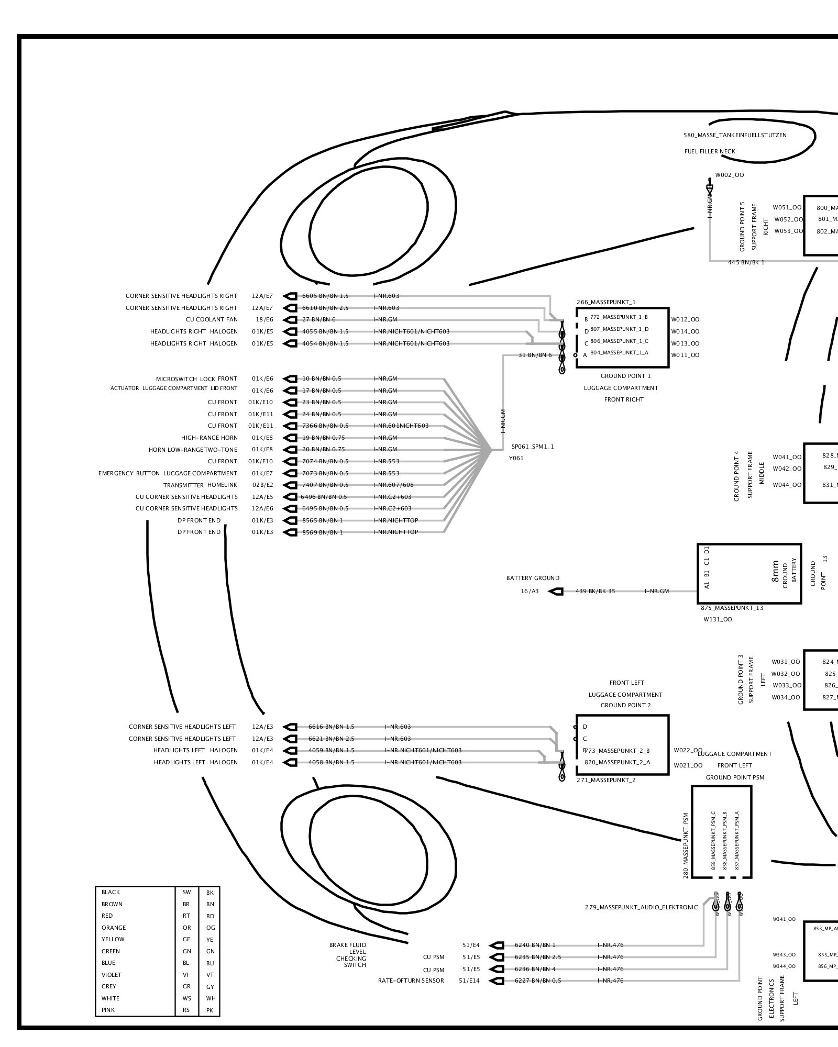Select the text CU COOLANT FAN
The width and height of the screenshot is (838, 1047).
(212, 320)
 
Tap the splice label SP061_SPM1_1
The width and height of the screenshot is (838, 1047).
(532, 447)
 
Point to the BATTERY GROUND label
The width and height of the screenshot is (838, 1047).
(533, 578)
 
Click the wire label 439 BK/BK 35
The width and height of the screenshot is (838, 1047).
(595, 592)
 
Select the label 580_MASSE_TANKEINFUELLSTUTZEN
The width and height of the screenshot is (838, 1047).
(735, 136)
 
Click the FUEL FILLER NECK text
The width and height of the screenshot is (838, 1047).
(710, 152)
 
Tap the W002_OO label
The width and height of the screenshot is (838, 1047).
(729, 175)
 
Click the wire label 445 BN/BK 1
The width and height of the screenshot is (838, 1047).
(746, 263)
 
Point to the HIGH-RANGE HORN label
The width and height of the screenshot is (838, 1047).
(210, 438)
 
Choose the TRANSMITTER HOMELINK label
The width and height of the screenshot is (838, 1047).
(200, 485)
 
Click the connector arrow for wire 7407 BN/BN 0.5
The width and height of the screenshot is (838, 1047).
(290, 485)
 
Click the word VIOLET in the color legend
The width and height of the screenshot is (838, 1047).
(112, 975)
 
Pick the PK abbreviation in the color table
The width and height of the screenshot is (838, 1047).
(210, 1010)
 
